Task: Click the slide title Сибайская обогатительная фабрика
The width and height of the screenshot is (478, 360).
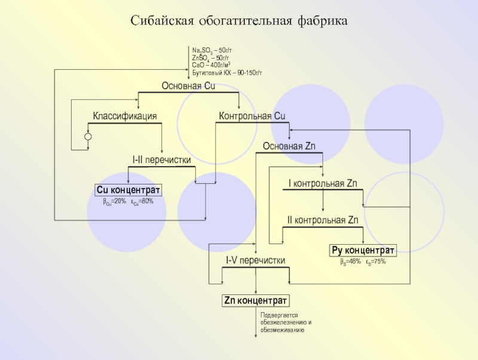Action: [x=239, y=21]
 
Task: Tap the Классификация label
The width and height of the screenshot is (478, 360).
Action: [x=125, y=116]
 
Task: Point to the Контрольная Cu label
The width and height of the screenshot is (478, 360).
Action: [x=252, y=116]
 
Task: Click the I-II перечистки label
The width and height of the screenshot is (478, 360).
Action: [x=162, y=160]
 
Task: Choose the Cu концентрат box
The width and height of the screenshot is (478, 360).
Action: [x=128, y=190]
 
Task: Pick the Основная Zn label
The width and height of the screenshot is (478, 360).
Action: [x=289, y=146]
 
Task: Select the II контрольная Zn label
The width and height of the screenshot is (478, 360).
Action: [x=323, y=220]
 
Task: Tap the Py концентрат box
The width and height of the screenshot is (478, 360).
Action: [x=363, y=250]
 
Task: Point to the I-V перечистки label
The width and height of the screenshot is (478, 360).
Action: [x=255, y=261]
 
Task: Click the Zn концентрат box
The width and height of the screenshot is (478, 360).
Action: [x=256, y=300]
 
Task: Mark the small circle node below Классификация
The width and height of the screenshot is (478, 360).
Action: [x=88, y=137]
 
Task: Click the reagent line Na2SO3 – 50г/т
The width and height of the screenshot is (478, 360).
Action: [x=212, y=50]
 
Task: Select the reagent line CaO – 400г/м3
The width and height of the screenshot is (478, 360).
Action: [x=212, y=64]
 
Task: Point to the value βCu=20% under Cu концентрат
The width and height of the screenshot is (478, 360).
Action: [x=115, y=201]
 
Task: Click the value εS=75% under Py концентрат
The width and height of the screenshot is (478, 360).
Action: [x=376, y=262]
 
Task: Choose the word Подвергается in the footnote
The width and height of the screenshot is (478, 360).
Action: [x=278, y=315]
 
